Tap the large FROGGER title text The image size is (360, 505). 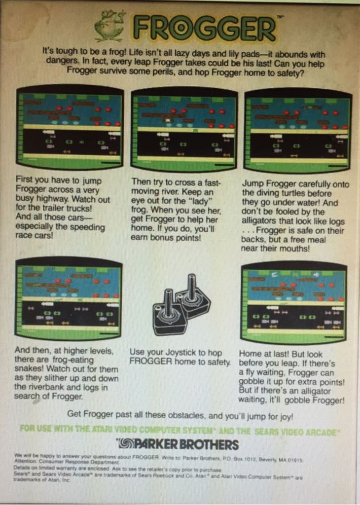click(204, 29)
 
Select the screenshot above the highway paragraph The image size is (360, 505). click(70, 128)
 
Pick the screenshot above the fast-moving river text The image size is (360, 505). click(184, 129)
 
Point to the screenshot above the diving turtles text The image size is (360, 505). click(298, 130)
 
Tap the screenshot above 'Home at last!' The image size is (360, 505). click(293, 302)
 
